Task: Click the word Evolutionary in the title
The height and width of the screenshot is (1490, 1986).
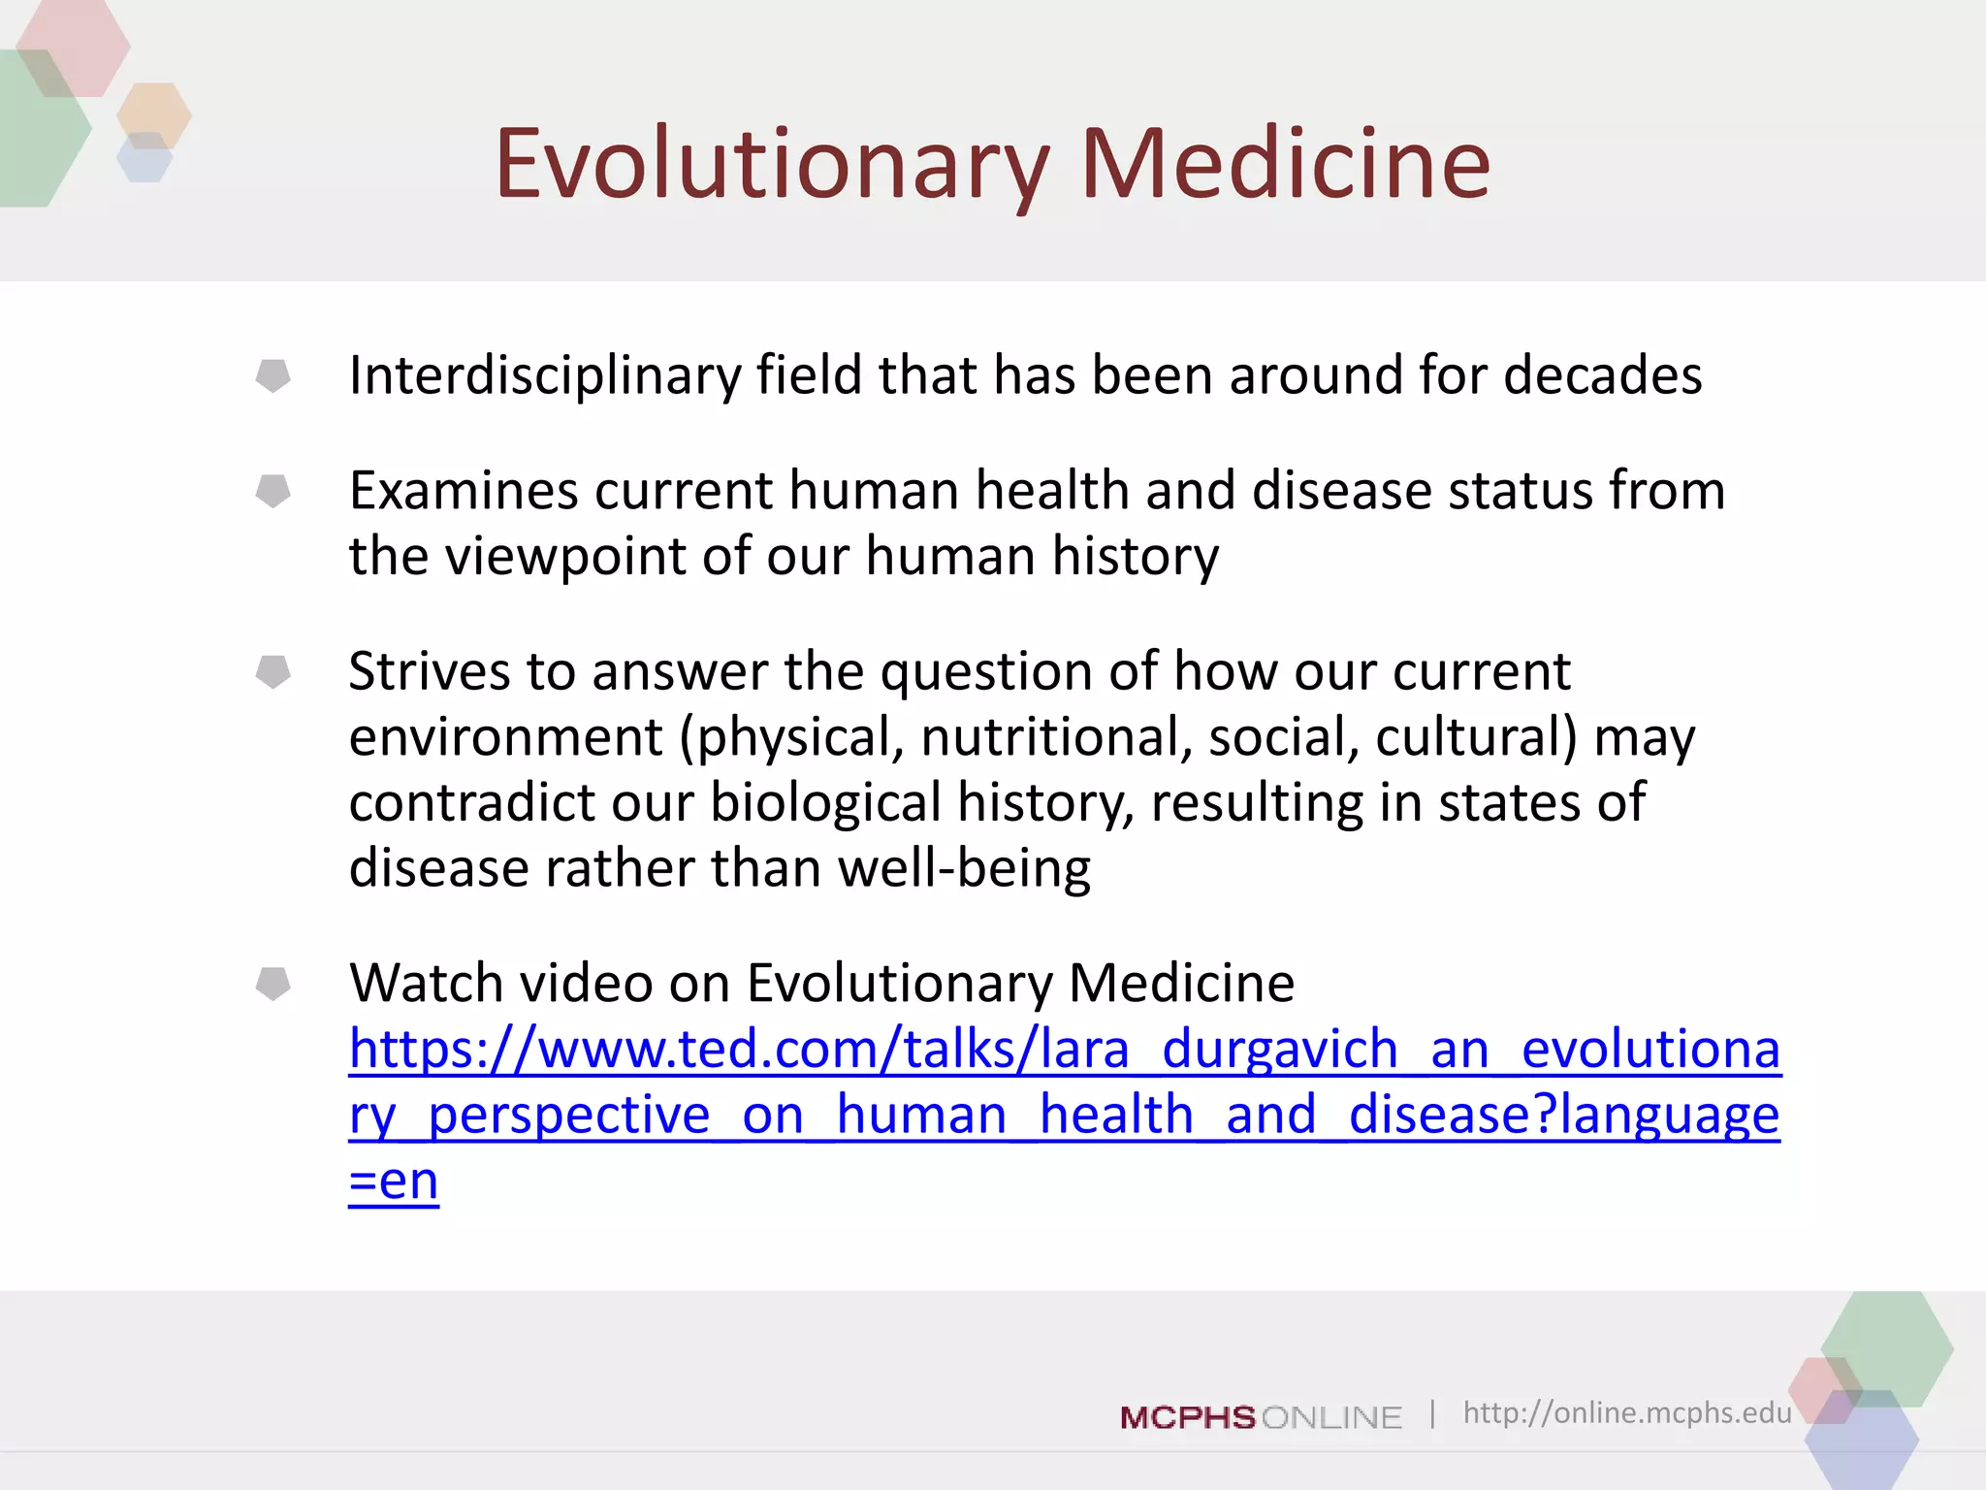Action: pyautogui.click(x=772, y=165)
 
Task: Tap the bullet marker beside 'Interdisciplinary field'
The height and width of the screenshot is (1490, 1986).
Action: pyautogui.click(x=272, y=375)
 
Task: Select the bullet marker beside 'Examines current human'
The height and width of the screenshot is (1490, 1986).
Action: pyautogui.click(x=272, y=491)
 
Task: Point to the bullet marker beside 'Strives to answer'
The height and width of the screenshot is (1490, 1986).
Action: pyautogui.click(x=272, y=671)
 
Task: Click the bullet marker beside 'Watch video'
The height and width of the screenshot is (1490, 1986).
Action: pyautogui.click(x=272, y=984)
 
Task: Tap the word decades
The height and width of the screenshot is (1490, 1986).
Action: pyautogui.click(x=1602, y=375)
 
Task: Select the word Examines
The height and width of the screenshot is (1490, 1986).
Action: pyautogui.click(x=464, y=491)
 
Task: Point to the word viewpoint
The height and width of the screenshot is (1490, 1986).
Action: pyautogui.click(x=565, y=557)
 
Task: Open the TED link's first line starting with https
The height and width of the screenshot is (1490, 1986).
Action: pyautogui.click(x=1064, y=1050)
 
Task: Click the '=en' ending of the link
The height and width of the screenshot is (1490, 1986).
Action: pyautogui.click(x=394, y=1182)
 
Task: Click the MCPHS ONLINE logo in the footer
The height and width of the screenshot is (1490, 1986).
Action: pyautogui.click(x=1261, y=1417)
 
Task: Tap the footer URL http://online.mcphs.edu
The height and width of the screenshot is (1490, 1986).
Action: pyautogui.click(x=1627, y=1412)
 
